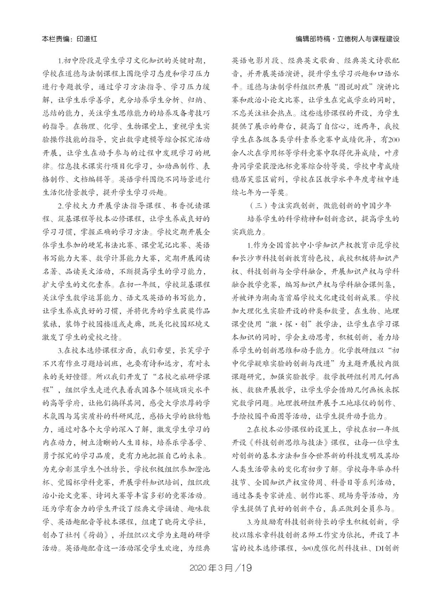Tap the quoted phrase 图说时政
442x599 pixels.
point(353,87)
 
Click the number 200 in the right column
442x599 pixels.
point(393,140)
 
